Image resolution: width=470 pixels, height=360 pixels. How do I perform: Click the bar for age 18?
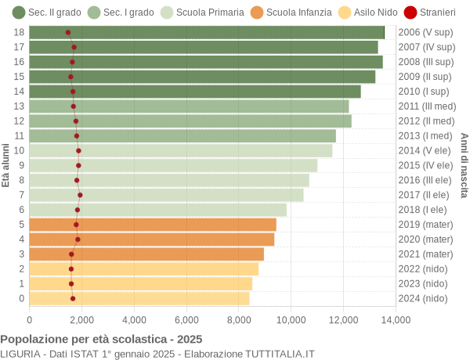pyautogui.click(x=207, y=32)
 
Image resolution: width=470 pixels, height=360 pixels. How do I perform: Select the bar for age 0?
pyautogui.click(x=139, y=298)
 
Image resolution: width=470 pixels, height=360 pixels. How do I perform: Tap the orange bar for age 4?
pyautogui.click(x=152, y=239)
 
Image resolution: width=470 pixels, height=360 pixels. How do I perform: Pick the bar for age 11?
pyautogui.click(x=183, y=136)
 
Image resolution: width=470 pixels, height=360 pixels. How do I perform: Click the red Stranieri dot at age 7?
pyautogui.click(x=80, y=195)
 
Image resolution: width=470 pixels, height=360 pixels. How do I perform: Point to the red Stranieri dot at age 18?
pyautogui.click(x=68, y=32)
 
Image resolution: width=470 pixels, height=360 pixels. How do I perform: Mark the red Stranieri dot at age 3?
pyautogui.click(x=71, y=254)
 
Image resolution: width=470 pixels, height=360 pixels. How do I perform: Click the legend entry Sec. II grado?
pyautogui.click(x=46, y=13)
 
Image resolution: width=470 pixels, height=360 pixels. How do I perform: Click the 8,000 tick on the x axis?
pyautogui.click(x=239, y=319)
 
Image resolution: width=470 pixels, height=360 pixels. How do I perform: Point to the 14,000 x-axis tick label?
pyautogui.click(x=396, y=319)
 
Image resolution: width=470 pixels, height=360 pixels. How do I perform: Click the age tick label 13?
pyautogui.click(x=19, y=106)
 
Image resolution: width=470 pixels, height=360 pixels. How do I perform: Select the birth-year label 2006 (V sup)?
pyautogui.click(x=425, y=32)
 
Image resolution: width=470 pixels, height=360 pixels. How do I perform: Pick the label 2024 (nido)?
pyautogui.click(x=423, y=298)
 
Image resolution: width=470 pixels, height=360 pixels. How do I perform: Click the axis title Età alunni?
pyautogui.click(x=6, y=165)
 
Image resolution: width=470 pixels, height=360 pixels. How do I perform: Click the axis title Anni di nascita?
pyautogui.click(x=463, y=165)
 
